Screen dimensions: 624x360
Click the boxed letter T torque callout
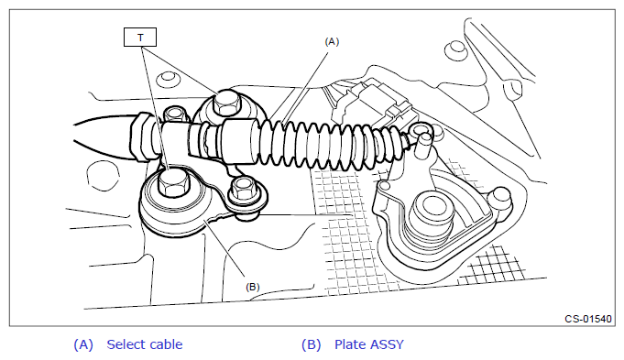pos(140,37)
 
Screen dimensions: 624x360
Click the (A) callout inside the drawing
pos(332,42)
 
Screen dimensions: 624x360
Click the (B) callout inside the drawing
pos(253,287)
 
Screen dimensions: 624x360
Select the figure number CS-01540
pos(588,319)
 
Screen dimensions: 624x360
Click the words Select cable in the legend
pos(145,344)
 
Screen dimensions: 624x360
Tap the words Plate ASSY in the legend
pos(369,344)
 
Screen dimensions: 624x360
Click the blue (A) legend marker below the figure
pos(83,344)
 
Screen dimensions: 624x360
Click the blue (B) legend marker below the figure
pos(312,344)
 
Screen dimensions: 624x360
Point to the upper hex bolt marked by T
pos(226,103)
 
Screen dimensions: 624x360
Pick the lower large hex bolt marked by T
pos(173,181)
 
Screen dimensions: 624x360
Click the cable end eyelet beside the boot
pos(421,131)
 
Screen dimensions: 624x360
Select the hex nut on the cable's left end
pos(140,136)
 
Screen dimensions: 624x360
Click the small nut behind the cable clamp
pos(175,115)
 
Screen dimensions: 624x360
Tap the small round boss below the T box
pos(168,79)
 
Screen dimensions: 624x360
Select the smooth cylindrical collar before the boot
pos(239,141)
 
